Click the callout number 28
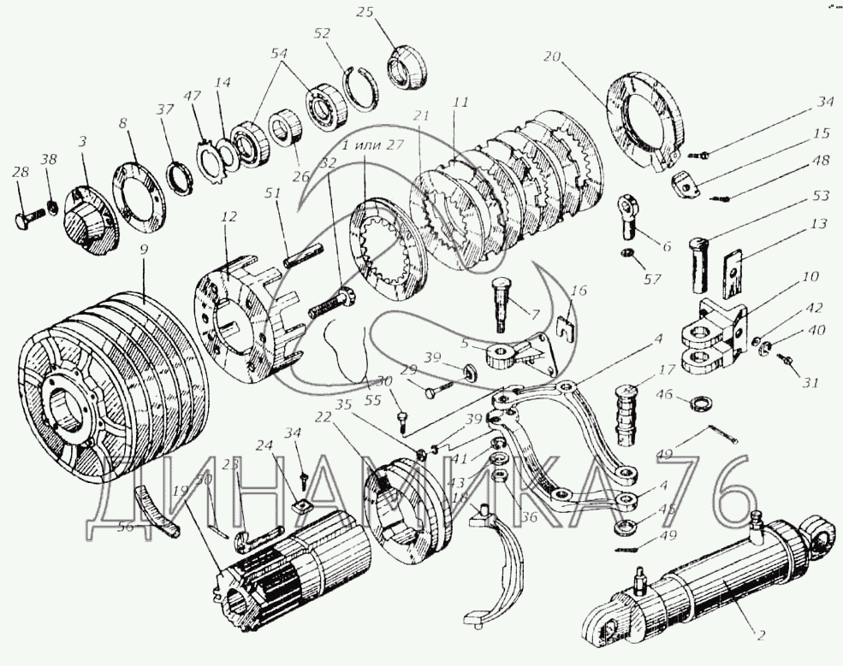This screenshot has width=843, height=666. (19, 174)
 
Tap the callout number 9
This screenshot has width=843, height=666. (144, 250)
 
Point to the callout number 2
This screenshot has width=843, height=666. (759, 636)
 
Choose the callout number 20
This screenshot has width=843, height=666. (550, 58)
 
